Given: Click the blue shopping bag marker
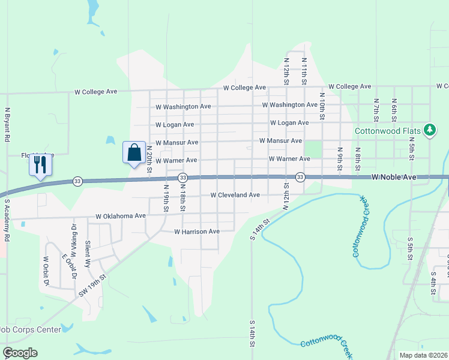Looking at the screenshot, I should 134,152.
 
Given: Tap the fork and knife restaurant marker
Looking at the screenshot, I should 40,164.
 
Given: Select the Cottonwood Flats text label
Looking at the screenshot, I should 388,131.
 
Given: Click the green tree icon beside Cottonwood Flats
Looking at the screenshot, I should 430,130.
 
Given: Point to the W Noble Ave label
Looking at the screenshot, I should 394,177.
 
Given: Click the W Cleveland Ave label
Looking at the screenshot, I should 235,195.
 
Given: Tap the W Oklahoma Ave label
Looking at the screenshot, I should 121,216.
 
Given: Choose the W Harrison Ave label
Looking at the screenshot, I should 197,231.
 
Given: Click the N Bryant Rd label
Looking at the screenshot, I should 7,125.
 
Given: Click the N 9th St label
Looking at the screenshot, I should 340,158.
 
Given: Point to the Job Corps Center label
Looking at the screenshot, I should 30,329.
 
